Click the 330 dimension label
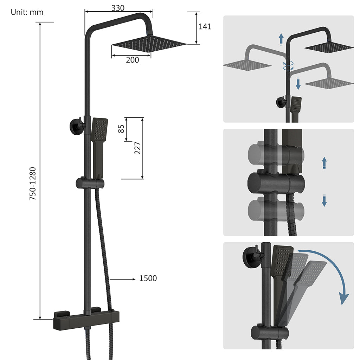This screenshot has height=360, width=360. pyautogui.click(x=118, y=8)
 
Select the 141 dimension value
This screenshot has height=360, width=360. pyautogui.click(x=205, y=27)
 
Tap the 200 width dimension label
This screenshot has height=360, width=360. pyautogui.click(x=133, y=60)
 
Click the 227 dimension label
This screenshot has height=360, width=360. pyautogui.click(x=137, y=148)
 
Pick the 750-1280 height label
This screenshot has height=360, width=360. pyautogui.click(x=33, y=184)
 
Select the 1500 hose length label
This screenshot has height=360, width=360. pyautogui.click(x=148, y=278)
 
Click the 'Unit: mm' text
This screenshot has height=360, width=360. pyautogui.click(x=27, y=12)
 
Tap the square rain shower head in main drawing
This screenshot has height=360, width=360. pyautogui.click(x=148, y=44)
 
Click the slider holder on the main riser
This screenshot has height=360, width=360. pyautogui.click(x=90, y=183)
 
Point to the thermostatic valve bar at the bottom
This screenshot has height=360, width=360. pyautogui.click(x=86, y=320)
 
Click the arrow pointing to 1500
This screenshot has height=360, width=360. pyautogui.click(x=123, y=279)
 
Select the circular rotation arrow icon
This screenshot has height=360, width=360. pyautogui.click(x=288, y=66)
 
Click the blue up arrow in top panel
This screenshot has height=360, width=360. pyautogui.click(x=281, y=39)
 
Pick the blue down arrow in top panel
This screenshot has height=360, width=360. pyautogui.click(x=298, y=83)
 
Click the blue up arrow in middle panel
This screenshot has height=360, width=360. pyautogui.click(x=324, y=163)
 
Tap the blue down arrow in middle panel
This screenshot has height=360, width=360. pyautogui.click(x=324, y=201)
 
